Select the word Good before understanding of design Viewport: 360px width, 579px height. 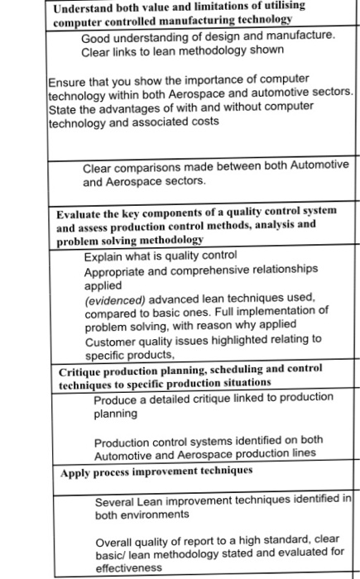point(95,36)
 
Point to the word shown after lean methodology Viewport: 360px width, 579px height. point(267,51)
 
